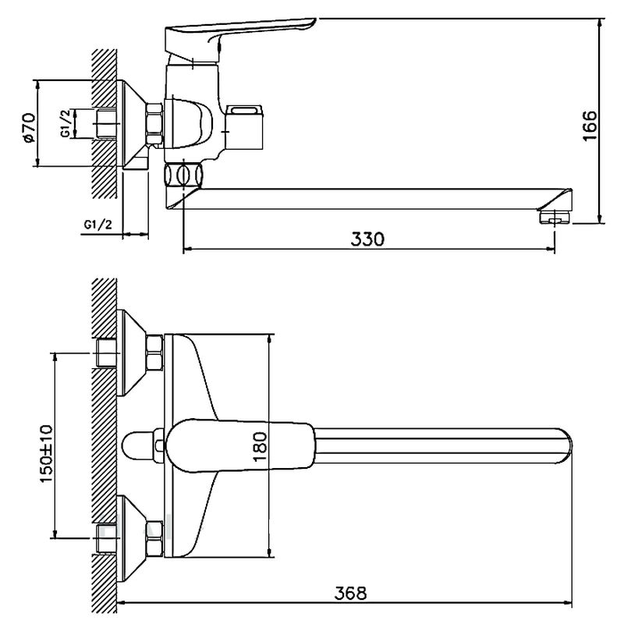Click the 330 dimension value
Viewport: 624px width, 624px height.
pos(367,239)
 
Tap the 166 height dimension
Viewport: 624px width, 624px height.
pos(590,126)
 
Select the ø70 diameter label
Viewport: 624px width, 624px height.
pos(29,128)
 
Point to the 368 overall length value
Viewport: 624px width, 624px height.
pos(350,594)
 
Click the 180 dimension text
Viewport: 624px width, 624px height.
pos(260,446)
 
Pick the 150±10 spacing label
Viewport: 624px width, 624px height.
pos(46,454)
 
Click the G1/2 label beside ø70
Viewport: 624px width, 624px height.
pos(66,123)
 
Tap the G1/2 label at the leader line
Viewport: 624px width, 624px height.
pos(98,225)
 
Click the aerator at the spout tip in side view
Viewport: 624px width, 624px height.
pos(555,218)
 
